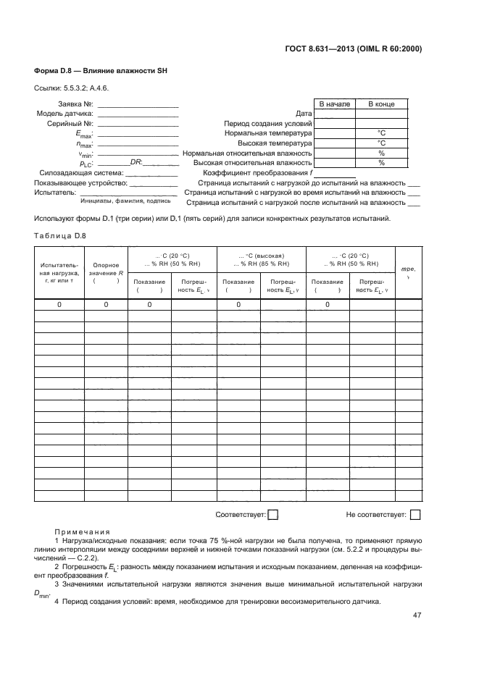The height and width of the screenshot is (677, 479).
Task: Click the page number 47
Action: pyautogui.click(x=417, y=615)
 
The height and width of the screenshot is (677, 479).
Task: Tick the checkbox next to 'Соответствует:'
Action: pyautogui.click(x=272, y=515)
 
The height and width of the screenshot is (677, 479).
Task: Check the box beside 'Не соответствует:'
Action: pyautogui.click(x=415, y=515)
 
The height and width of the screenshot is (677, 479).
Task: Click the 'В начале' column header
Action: pyautogui.click(x=334, y=104)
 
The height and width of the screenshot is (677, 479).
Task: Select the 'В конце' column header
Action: pyautogui.click(x=381, y=104)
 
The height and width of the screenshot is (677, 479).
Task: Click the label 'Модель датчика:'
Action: pyautogui.click(x=65, y=114)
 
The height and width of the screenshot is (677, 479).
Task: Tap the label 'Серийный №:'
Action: pyautogui.click(x=72, y=124)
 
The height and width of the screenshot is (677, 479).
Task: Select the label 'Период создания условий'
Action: pyautogui.click(x=267, y=124)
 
